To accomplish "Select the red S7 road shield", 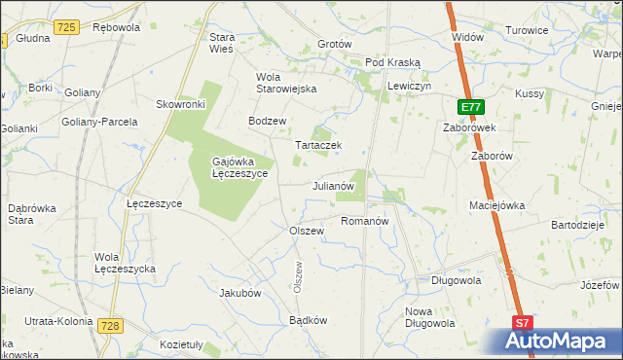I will click(523, 323).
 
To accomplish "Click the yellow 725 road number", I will click(67, 27).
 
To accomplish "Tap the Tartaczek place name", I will click(318, 145).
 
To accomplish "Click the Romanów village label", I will click(365, 221).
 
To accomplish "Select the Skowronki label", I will click(180, 104).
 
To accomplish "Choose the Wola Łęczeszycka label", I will click(126, 263).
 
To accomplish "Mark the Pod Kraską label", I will click(392, 62).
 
